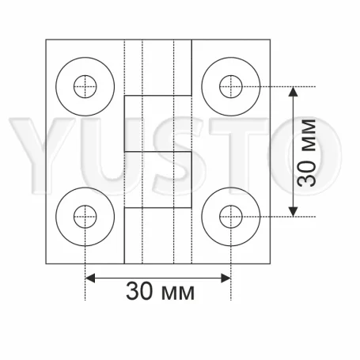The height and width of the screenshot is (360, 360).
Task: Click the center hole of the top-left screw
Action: click(85, 85)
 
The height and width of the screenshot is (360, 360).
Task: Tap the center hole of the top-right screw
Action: click(230, 85)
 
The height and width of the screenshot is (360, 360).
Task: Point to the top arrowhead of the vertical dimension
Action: click(293, 90)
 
